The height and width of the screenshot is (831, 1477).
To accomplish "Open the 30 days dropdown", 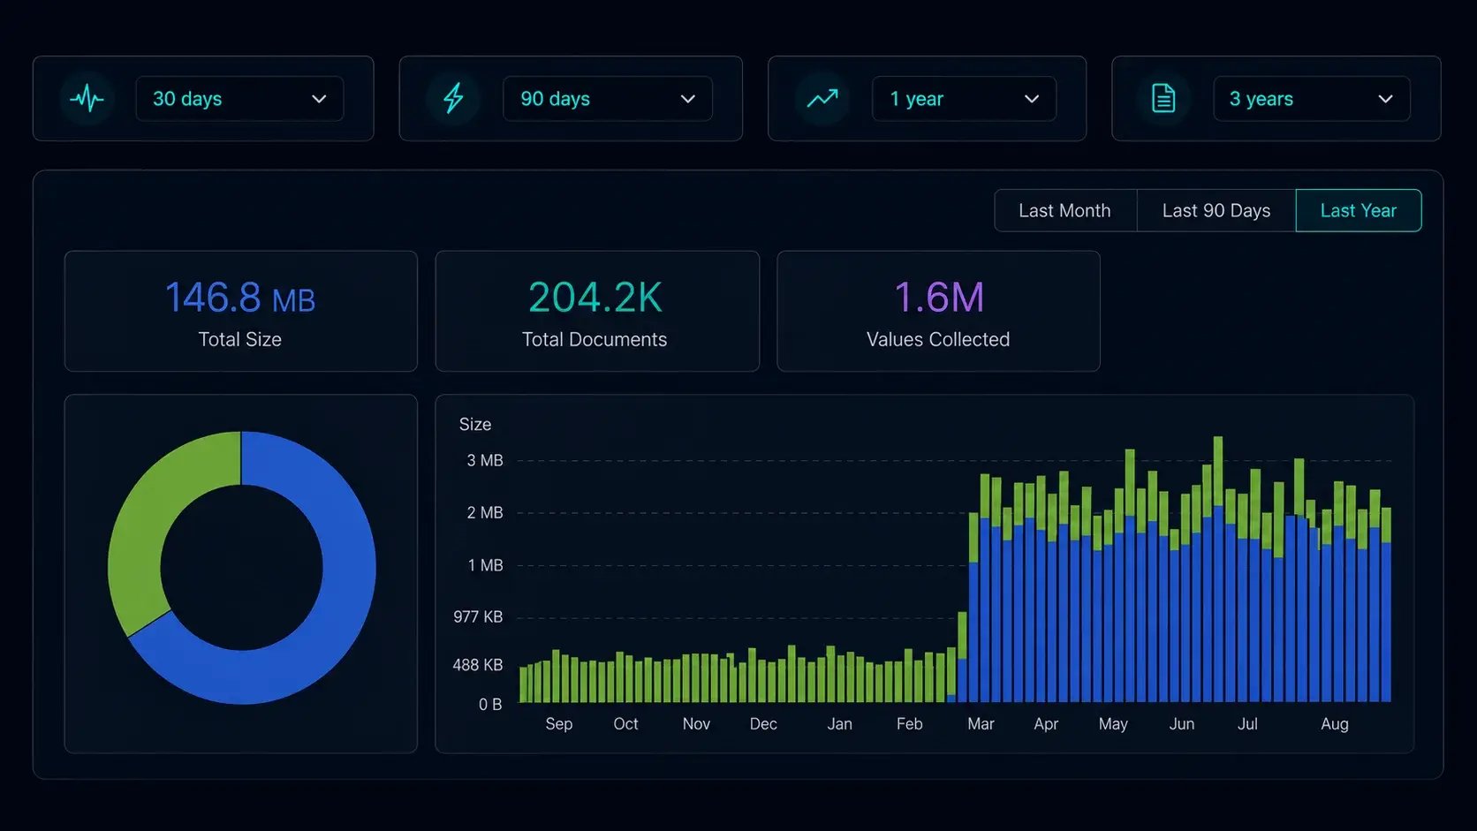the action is click(239, 99).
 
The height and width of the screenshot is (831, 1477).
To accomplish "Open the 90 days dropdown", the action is click(607, 99).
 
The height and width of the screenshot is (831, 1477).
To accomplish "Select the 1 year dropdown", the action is click(964, 99).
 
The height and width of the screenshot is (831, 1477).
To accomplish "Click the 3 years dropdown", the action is click(1312, 99).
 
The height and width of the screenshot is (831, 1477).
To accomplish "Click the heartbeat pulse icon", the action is click(87, 100).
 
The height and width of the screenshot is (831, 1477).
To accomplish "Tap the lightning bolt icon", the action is click(454, 99).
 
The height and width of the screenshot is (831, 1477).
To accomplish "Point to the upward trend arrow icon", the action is click(822, 99).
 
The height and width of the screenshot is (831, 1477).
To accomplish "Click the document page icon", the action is click(1163, 99).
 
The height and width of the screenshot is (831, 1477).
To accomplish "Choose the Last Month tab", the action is click(1065, 211).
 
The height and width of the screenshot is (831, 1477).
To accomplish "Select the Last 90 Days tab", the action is click(1216, 211).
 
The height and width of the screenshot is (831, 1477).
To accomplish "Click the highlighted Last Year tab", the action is click(1359, 211).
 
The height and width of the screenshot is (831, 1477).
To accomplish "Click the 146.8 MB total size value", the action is click(240, 298).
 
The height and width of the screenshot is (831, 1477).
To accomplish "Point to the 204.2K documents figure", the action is click(595, 298).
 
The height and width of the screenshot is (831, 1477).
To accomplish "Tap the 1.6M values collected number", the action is click(939, 298).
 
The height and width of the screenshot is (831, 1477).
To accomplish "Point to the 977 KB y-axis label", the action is click(478, 616).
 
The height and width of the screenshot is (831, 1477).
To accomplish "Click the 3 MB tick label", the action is click(485, 461).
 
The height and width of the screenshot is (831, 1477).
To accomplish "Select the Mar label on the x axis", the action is click(981, 724).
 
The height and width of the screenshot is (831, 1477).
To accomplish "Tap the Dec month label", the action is click(763, 724).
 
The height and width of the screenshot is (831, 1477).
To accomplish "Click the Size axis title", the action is click(474, 425).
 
